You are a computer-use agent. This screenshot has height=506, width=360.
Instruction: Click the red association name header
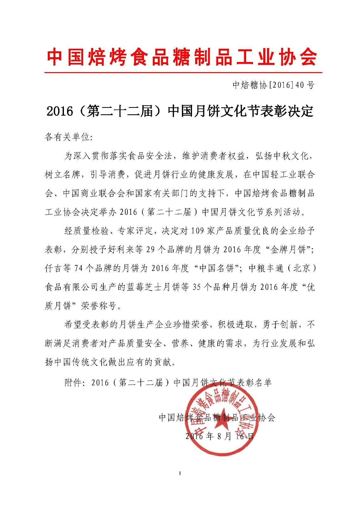pyautogui.click(x=182, y=58)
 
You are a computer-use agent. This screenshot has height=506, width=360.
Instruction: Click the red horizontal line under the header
pyautogui.click(x=183, y=73)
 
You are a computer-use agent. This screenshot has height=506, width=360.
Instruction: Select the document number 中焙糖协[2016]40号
pyautogui.click(x=274, y=85)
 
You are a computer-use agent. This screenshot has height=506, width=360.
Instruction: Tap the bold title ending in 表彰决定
pyautogui.click(x=180, y=111)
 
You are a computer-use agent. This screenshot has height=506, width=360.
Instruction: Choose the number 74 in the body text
pyautogui.click(x=78, y=268)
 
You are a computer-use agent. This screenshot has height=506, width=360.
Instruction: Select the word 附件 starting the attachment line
pyautogui.click(x=73, y=383)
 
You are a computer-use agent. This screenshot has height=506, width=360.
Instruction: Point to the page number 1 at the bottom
pyautogui.click(x=180, y=473)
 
